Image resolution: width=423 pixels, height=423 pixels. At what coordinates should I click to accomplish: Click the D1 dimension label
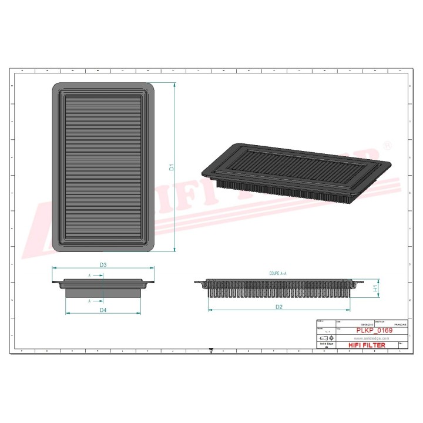(x=172, y=167)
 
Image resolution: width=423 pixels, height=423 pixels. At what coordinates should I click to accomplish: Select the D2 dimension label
(x=279, y=306)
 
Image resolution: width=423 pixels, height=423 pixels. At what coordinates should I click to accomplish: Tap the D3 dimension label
(x=103, y=265)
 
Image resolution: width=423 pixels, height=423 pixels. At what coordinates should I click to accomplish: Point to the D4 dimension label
(x=103, y=310)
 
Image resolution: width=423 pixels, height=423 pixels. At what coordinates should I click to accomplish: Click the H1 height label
(x=374, y=288)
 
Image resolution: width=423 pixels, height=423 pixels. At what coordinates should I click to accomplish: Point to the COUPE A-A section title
(x=277, y=274)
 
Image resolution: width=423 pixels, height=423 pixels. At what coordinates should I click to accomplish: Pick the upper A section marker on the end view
(x=89, y=275)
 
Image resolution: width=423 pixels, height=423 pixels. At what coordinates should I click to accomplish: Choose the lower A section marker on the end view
(x=89, y=300)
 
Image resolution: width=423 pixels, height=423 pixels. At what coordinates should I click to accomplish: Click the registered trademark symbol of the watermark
(x=387, y=145)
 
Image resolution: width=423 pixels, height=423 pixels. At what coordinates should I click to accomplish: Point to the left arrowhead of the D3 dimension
(x=54, y=268)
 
